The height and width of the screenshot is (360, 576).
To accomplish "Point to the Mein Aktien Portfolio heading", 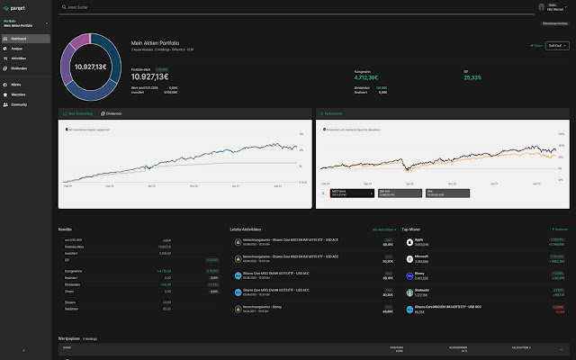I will pos(157,42).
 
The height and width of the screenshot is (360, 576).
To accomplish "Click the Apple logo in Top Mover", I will pos(409,242).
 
